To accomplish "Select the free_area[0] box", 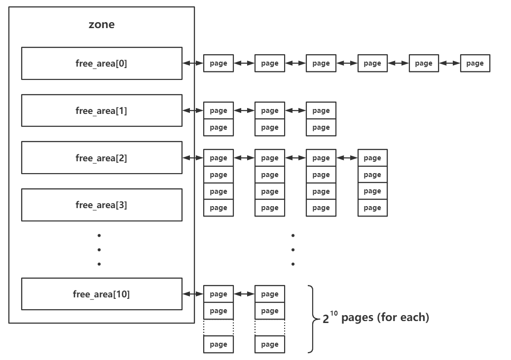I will [101, 63].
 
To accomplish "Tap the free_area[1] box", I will [101, 111].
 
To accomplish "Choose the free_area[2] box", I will [101, 158].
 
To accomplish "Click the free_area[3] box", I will [101, 204].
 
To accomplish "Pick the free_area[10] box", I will [101, 294].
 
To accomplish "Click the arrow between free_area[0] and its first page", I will [193, 63].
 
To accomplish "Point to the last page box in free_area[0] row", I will [475, 63].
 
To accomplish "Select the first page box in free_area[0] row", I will [219, 63].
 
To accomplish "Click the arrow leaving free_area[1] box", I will [193, 110].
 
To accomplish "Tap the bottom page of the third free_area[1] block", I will [321, 127].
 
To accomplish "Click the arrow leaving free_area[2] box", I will [193, 158].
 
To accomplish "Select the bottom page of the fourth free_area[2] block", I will [372, 208].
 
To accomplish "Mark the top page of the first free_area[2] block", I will [219, 158].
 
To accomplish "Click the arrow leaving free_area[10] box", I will [193, 294].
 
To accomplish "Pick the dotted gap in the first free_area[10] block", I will [219, 327].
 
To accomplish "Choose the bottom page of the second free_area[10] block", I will [270, 344].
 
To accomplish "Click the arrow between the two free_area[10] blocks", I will [244, 294].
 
